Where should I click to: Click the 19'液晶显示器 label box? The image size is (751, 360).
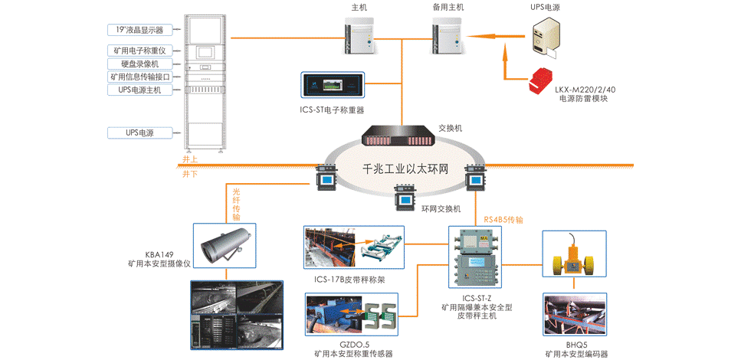140,30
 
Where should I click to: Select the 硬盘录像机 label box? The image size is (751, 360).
140,64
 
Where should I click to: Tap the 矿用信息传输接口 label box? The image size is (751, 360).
140,77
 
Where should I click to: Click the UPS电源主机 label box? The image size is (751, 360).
140,90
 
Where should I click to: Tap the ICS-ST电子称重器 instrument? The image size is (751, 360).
332,84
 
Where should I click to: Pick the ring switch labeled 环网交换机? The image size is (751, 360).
404,200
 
